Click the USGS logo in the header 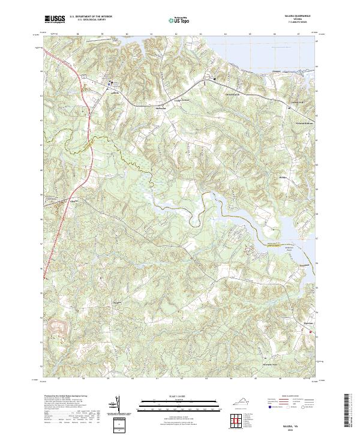[x=55, y=19]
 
